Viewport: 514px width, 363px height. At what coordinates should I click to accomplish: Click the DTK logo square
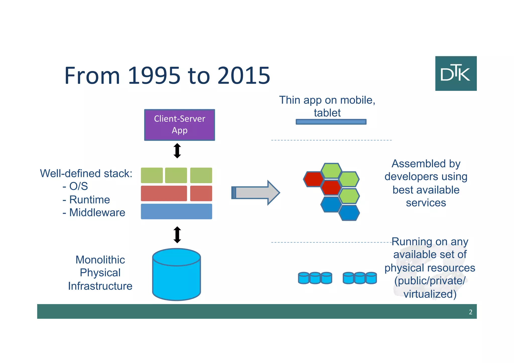coord(456,73)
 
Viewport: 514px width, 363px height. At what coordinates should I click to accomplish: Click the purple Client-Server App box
coord(179,125)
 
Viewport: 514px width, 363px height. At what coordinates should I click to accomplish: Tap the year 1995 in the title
coord(154,76)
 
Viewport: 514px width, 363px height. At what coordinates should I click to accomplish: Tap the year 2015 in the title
coord(244,76)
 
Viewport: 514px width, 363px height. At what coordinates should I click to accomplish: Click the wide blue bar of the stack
coord(176,211)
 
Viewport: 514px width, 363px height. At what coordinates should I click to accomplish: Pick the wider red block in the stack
coord(164,193)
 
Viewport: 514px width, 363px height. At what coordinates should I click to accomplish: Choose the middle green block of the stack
coord(176,175)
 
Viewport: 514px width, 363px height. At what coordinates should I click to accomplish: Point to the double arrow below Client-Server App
coord(177,151)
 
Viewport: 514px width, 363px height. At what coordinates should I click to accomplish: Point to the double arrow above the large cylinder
coord(177,235)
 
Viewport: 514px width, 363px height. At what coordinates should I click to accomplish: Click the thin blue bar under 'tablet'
coord(331,122)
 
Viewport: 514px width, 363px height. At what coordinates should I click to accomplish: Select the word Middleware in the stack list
coord(97,212)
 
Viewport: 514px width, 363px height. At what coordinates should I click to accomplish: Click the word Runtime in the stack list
coord(90,200)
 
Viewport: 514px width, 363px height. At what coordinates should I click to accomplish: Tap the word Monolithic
coord(100,260)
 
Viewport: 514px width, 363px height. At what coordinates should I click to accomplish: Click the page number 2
coord(470,312)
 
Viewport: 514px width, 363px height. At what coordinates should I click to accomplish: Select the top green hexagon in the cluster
coord(331,171)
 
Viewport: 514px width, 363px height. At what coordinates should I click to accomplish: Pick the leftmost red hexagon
coord(313,179)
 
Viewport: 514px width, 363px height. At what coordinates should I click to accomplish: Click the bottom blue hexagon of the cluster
coord(349,213)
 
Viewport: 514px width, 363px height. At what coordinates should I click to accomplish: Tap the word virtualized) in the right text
coord(430,294)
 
